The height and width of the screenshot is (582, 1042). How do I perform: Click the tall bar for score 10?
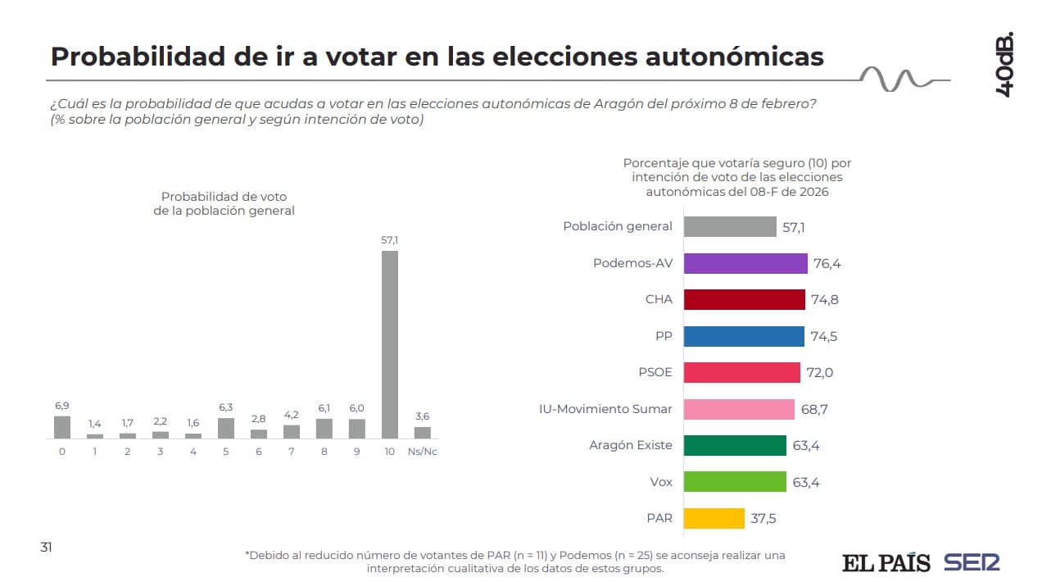[390, 344]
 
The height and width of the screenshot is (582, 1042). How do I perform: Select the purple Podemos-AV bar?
[745, 263]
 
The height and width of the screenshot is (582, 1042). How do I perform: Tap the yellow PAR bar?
[714, 518]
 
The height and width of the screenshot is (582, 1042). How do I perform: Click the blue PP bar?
[744, 336]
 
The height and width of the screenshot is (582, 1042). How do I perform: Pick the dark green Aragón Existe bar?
[735, 445]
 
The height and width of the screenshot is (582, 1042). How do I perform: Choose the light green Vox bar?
[735, 482]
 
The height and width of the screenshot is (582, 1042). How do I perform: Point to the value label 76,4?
[827, 264]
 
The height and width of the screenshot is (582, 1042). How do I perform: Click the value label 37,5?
[764, 519]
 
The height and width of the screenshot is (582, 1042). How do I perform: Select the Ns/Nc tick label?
[422, 452]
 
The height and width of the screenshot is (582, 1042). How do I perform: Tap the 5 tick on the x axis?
[225, 452]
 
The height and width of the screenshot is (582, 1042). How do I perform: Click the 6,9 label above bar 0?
[62, 406]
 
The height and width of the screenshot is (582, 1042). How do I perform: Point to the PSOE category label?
[655, 372]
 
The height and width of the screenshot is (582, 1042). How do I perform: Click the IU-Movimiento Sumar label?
[605, 409]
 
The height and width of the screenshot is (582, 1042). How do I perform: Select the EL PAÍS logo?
[886, 563]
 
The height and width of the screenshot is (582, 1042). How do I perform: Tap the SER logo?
[972, 563]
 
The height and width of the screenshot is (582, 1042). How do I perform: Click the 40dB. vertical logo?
[1004, 66]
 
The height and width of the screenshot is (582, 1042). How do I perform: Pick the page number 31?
[47, 547]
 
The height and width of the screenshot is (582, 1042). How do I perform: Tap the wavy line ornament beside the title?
[898, 79]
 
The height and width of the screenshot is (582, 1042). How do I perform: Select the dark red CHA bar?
[745, 299]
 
